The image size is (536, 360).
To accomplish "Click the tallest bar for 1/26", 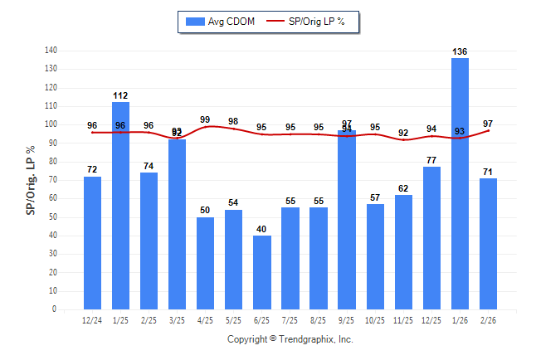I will (x=460, y=183).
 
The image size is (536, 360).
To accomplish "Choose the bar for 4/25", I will (x=206, y=263).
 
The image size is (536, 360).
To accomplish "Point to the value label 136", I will (x=460, y=51).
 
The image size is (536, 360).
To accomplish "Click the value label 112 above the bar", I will (x=121, y=95).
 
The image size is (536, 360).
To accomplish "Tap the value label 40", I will (x=262, y=229).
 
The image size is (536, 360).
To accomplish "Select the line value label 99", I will (x=206, y=119).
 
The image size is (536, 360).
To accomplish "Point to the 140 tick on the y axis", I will (x=51, y=51).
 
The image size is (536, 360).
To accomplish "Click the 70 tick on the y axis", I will (x=53, y=180).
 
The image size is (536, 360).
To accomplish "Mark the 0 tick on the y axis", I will (x=55, y=309).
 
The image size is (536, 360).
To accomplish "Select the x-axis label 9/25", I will (x=347, y=320).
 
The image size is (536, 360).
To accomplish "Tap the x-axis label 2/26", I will (x=488, y=320).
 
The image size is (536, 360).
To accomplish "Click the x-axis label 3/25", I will (x=178, y=320).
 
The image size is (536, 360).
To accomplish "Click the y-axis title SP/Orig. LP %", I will (x=31, y=180).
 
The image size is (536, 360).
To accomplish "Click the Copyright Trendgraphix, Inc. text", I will (x=290, y=339).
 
